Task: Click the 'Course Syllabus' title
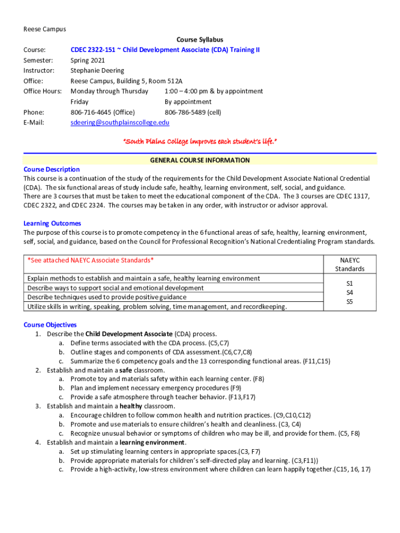(199, 40)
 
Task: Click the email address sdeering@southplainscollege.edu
(119, 122)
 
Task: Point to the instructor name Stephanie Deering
(97, 70)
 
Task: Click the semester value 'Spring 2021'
(87, 60)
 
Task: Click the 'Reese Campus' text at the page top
(45, 29)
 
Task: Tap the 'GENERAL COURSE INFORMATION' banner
(199, 160)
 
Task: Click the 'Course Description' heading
(51, 169)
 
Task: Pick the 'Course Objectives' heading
(50, 325)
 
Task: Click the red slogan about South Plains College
(199, 141)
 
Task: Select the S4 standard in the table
(350, 293)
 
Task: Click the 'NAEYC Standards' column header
(350, 264)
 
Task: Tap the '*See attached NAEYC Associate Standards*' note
(90, 260)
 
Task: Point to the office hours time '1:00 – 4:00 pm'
(188, 91)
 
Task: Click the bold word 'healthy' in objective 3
(131, 406)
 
